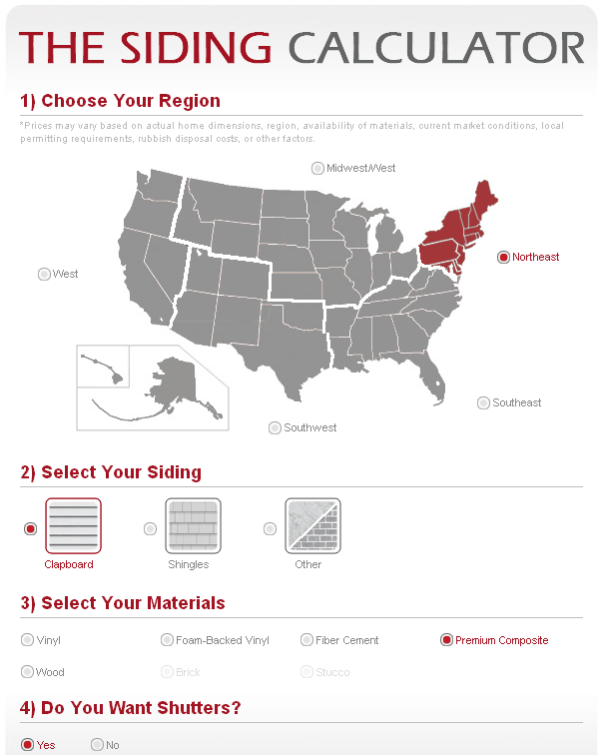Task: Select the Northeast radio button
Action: point(503,257)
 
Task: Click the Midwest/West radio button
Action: point(317,168)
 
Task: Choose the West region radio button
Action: point(44,274)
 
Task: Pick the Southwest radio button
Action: point(275,427)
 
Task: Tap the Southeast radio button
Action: point(483,402)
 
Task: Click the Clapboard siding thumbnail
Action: point(73,525)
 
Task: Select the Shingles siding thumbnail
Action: point(193,525)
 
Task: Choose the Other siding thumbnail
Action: point(312,525)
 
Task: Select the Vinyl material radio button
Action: point(27,640)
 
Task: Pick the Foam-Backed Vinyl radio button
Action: point(167,640)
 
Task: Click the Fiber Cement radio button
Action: point(306,640)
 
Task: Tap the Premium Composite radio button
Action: point(446,640)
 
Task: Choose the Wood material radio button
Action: point(27,672)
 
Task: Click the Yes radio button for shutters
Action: point(27,744)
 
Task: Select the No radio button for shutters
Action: point(97,744)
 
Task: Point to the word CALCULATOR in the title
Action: point(436,47)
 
